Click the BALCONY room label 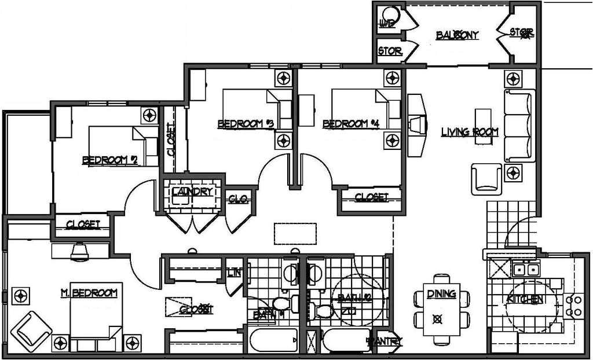457,35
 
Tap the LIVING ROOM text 470,132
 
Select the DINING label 441,294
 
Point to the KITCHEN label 525,299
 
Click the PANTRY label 385,341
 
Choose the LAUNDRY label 193,192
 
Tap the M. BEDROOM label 89,293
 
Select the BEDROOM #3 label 245,124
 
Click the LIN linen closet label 235,271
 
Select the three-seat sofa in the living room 518,126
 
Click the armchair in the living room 486,178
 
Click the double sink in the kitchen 526,269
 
